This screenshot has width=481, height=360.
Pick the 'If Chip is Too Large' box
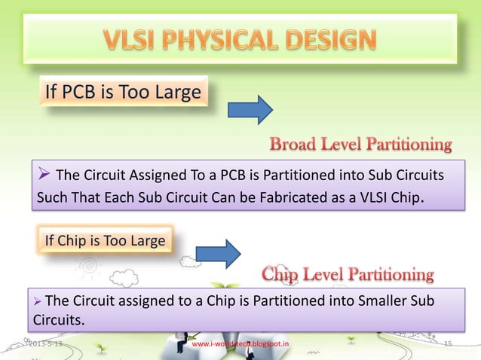point(105,241)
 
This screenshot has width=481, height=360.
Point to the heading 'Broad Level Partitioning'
point(360,144)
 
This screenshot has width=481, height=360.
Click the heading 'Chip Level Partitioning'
point(348,273)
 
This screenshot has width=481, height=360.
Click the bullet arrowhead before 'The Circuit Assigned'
point(44,176)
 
